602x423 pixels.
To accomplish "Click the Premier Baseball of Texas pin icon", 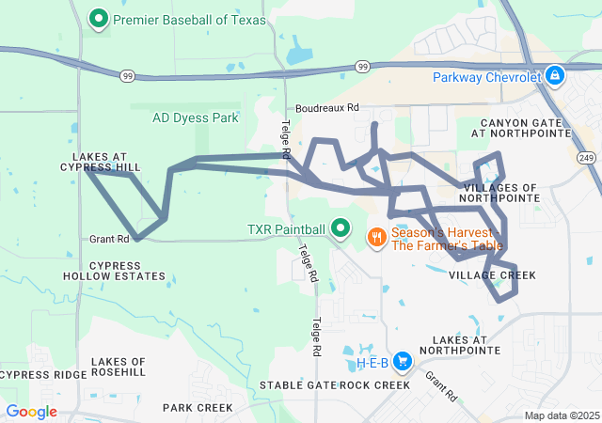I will pos(98,18).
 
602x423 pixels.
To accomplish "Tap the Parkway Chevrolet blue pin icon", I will pos(555,75).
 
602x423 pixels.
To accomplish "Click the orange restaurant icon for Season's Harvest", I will pos(375,237).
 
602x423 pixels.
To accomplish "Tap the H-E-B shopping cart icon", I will pos(403,361).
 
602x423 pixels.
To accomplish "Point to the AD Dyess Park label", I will pos(196,118).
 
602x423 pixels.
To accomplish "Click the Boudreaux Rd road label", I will pos(327,108).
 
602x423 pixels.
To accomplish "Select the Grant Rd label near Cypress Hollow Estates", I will pos(109,239).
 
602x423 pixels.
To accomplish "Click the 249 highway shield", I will pos(586,157).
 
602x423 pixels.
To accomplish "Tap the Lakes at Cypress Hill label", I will pos(105,162).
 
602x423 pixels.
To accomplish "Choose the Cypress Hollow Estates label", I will pos(114,271).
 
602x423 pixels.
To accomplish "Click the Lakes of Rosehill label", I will pos(119,368).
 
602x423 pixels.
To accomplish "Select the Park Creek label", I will pos(197,408).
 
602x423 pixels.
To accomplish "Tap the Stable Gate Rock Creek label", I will pos(335,385).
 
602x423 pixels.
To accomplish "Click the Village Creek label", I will pos(492,275).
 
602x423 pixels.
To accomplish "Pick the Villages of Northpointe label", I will pos(501,193).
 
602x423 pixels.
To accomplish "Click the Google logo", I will pos(31,412).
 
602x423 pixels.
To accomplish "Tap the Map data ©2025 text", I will pos(561,415).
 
